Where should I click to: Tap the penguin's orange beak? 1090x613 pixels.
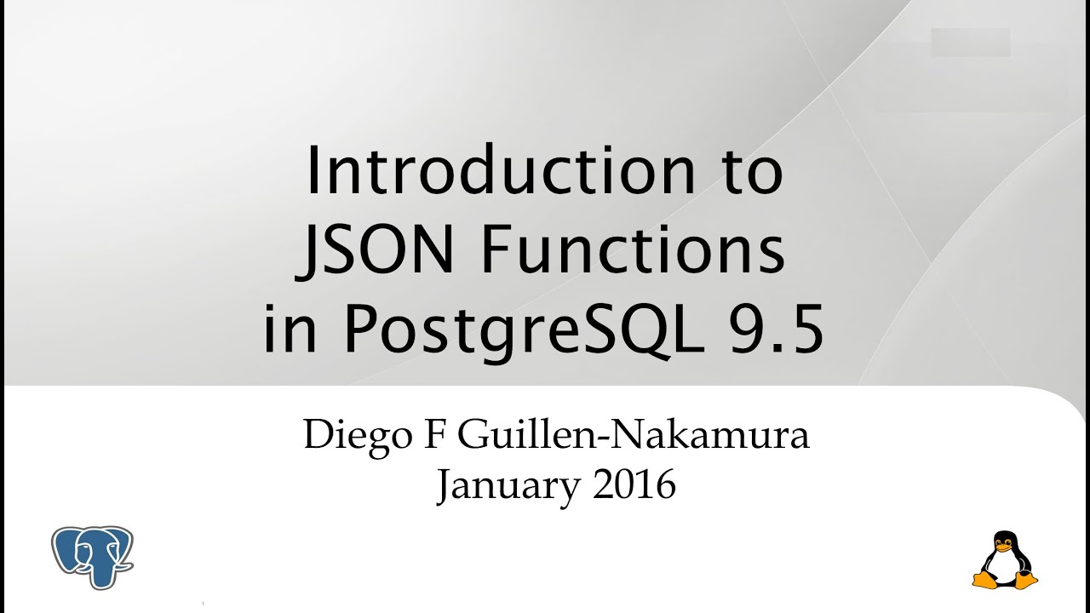tap(1005, 547)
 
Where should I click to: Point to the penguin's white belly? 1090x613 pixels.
tap(1005, 565)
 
